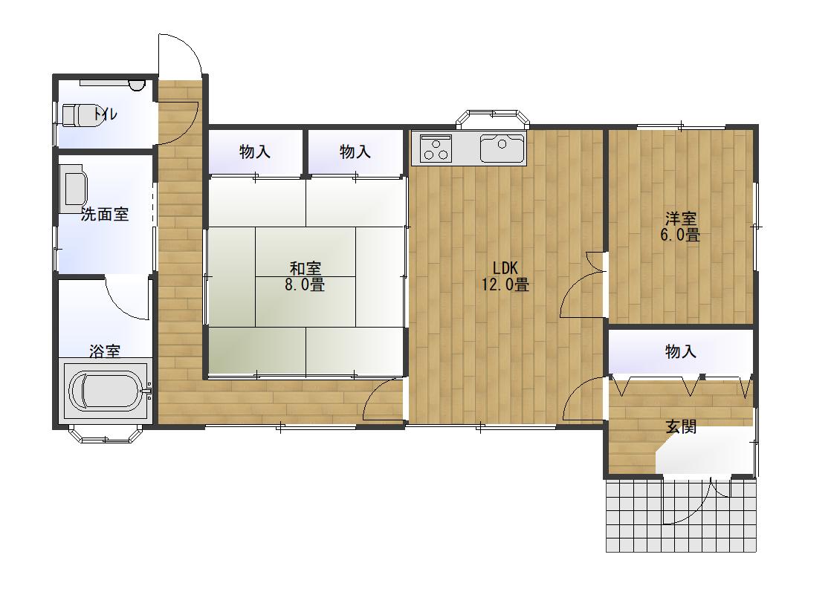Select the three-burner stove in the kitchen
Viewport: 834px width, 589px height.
click(x=436, y=147)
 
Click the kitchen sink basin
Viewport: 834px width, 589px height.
click(x=502, y=148)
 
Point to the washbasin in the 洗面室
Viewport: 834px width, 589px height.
click(x=73, y=188)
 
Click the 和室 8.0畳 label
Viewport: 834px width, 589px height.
click(x=305, y=276)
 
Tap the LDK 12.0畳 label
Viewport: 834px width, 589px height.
click(x=505, y=276)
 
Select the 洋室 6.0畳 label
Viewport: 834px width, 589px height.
click(x=680, y=227)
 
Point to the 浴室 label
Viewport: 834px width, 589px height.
click(x=105, y=351)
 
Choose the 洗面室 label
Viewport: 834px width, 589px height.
click(x=105, y=214)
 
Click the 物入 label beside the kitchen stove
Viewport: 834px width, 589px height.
click(x=355, y=152)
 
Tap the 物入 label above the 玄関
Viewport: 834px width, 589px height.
click(x=681, y=351)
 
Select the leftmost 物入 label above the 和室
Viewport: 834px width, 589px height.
click(x=255, y=152)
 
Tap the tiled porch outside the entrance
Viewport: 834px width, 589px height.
click(x=681, y=515)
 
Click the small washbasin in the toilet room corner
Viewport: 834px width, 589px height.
click(x=137, y=85)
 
